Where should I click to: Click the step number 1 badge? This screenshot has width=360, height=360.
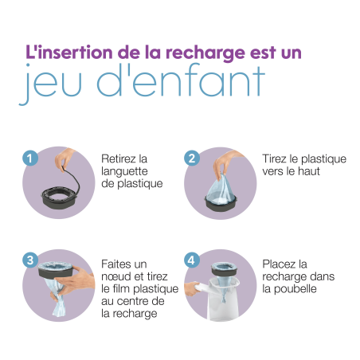coord(29,158)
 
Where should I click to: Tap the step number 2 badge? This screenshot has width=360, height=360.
coord(192,158)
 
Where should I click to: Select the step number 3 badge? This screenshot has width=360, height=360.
coord(29,260)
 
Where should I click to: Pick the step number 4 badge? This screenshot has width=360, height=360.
coord(192,260)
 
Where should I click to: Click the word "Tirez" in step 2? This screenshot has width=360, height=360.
coord(276,159)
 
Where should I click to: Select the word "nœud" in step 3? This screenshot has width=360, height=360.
coord(118,277)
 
